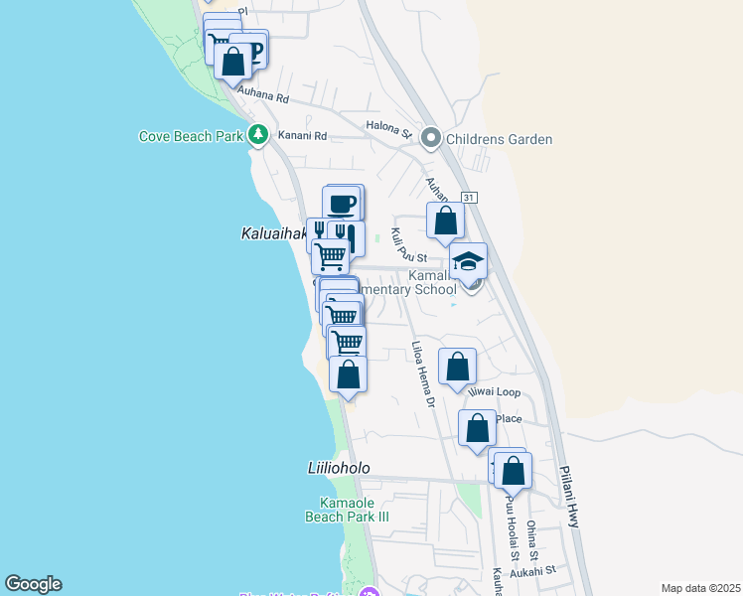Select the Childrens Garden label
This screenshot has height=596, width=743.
click(x=499, y=139)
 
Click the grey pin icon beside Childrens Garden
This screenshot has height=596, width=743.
click(x=431, y=138)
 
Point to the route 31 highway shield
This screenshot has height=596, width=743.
click(x=469, y=198)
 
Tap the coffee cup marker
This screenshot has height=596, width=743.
click(x=341, y=203)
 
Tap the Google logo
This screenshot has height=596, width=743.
click(x=33, y=584)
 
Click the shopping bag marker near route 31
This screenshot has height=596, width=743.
click(x=446, y=221)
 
